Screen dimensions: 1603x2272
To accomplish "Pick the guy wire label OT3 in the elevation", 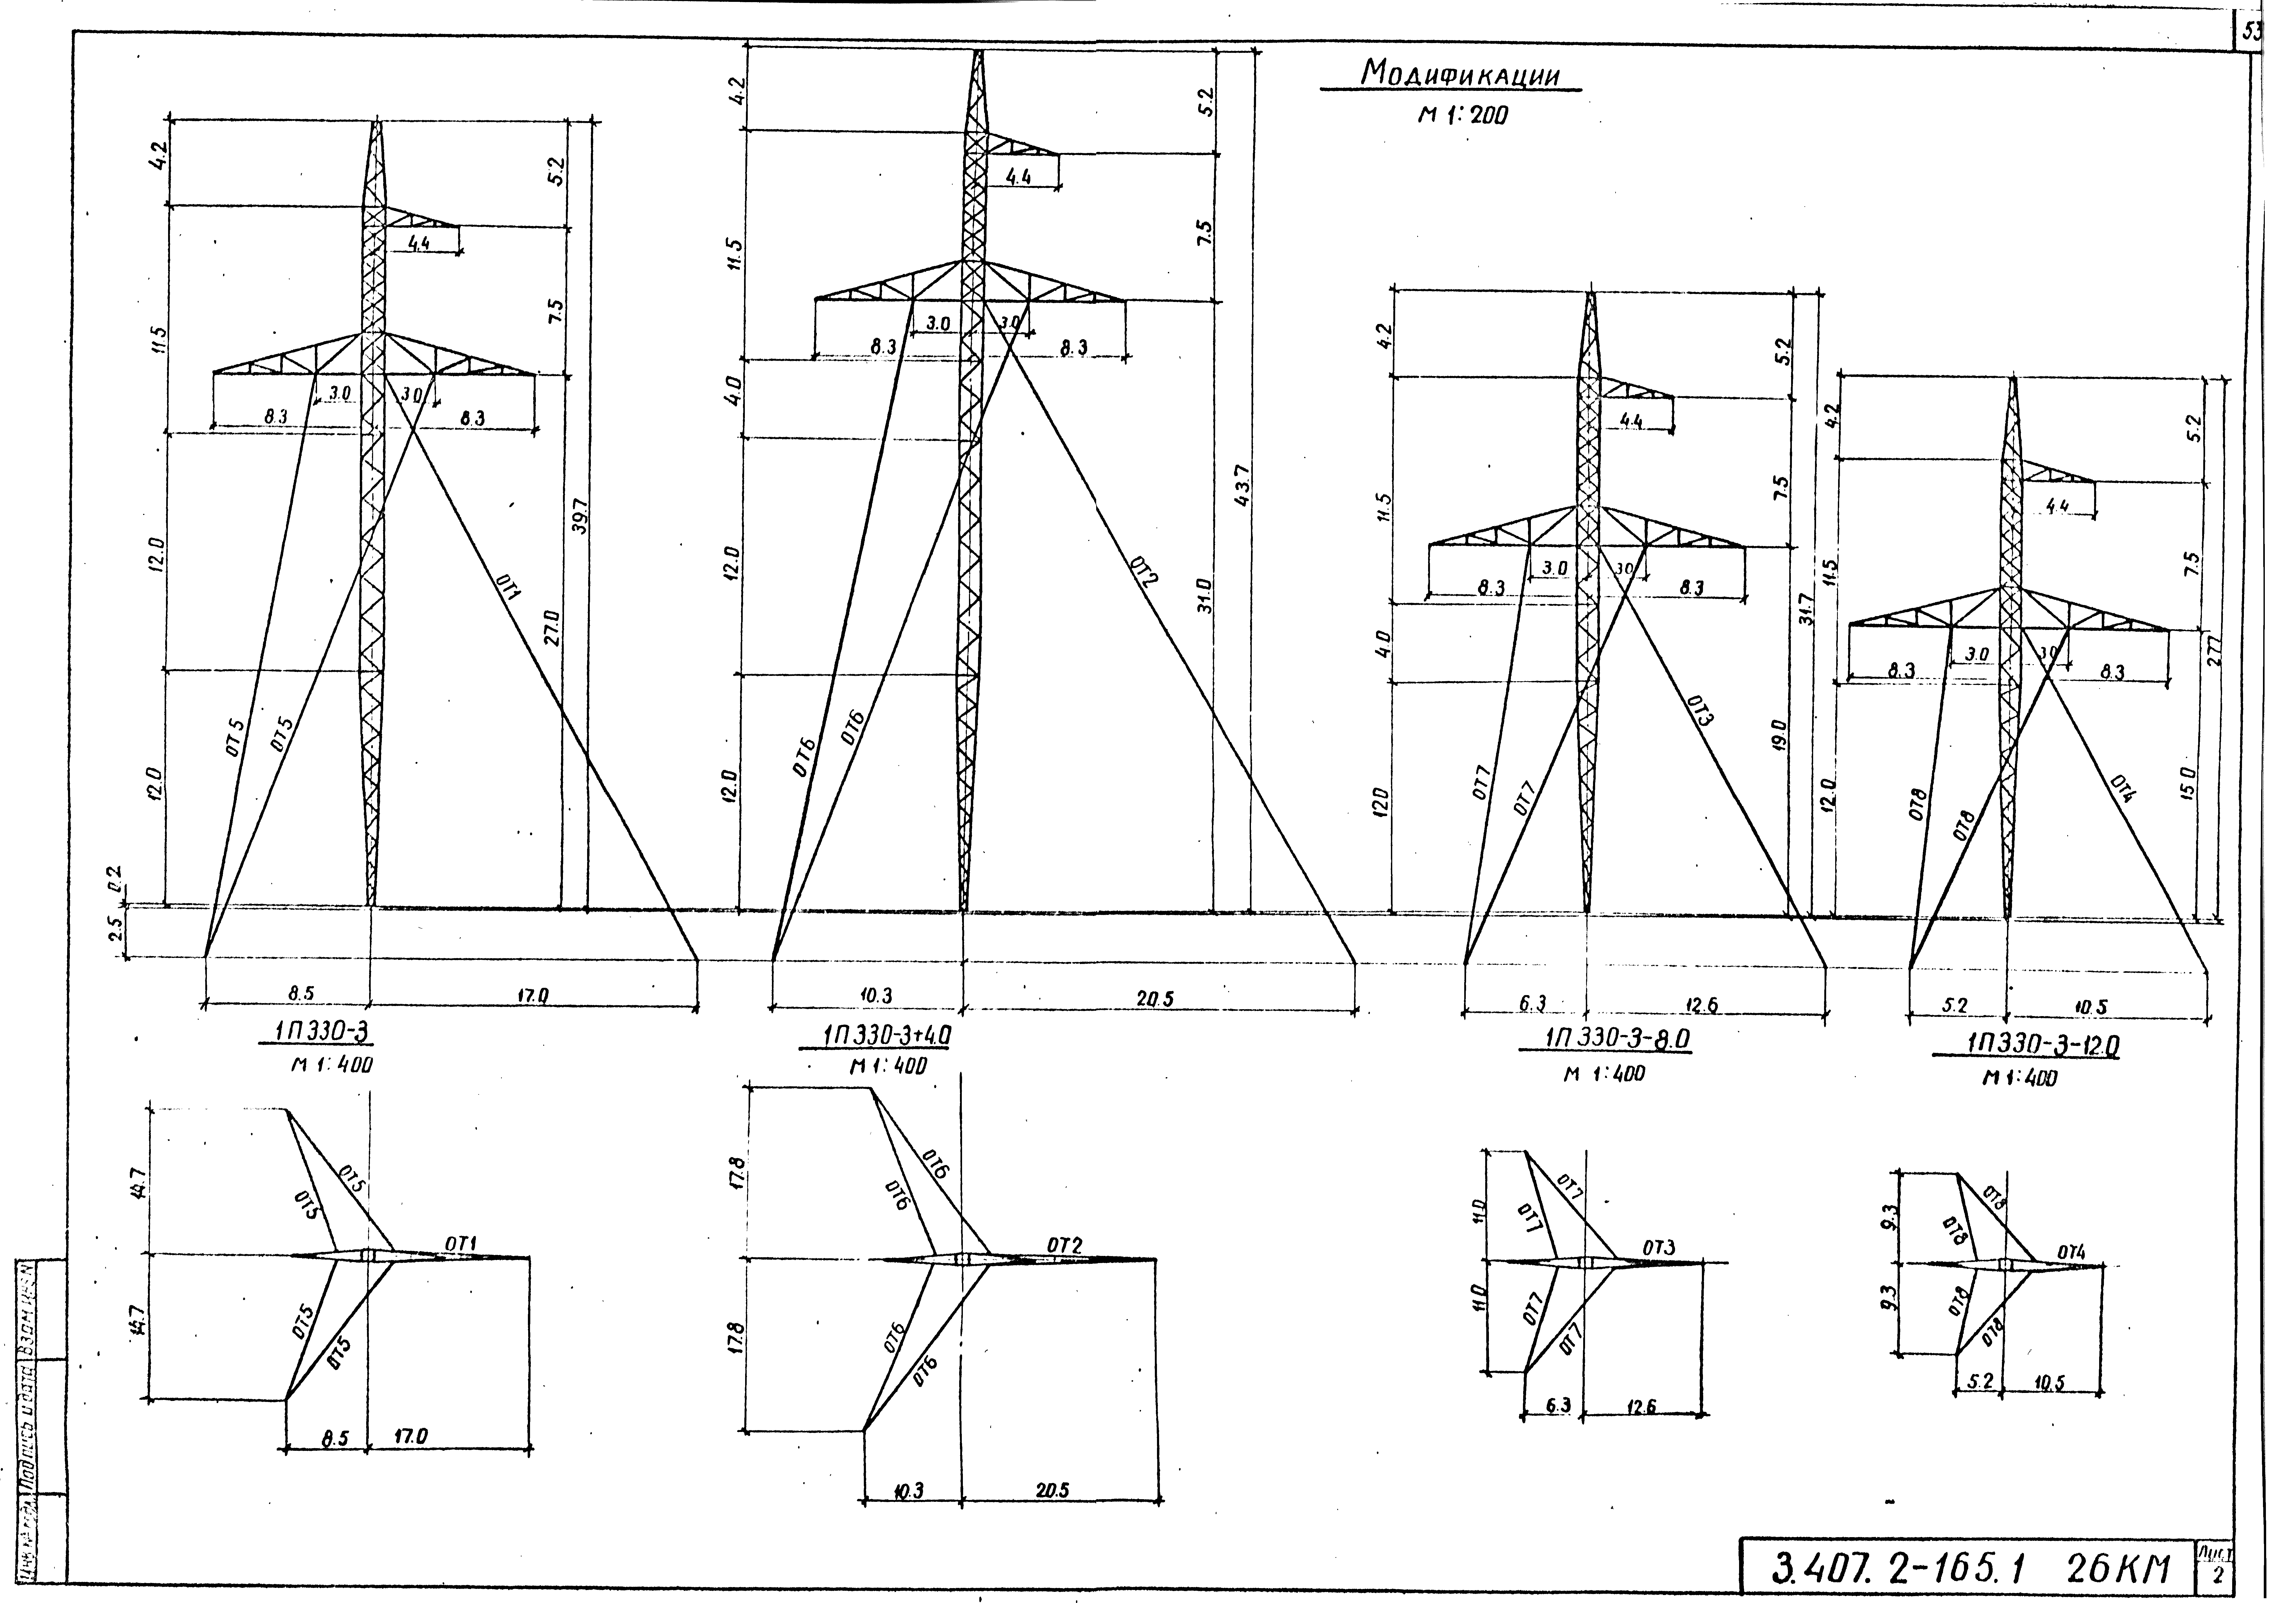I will tap(1700, 710).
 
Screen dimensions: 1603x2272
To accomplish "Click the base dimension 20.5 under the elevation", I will tap(1154, 999).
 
